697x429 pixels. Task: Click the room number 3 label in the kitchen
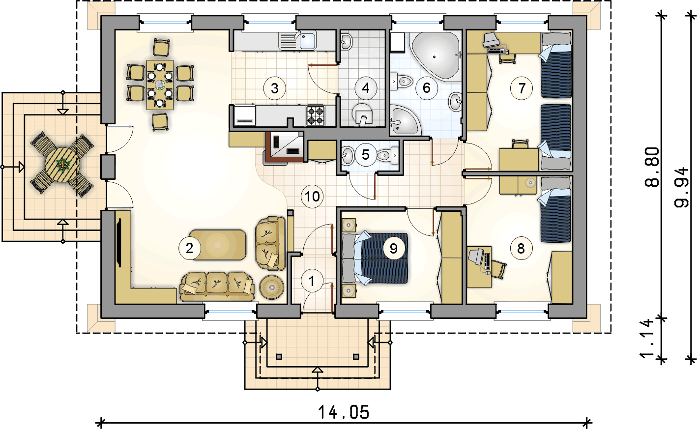[274, 88]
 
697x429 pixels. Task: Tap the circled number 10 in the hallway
[312, 196]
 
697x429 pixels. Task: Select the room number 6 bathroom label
[427, 88]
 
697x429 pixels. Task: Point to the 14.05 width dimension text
[344, 412]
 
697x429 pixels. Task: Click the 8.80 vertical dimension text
[652, 167]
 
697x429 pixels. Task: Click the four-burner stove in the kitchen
[316, 115]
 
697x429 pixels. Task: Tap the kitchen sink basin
[308, 41]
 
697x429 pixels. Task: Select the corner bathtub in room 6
[436, 56]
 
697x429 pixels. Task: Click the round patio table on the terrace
[61, 164]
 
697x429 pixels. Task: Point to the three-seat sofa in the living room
[217, 286]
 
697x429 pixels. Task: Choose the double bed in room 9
[375, 258]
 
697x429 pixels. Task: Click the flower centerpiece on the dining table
[160, 85]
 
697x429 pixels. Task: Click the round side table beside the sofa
[272, 287]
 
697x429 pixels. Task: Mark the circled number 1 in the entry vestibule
[312, 281]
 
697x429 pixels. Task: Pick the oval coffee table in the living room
[217, 245]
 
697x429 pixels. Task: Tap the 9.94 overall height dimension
[681, 188]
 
